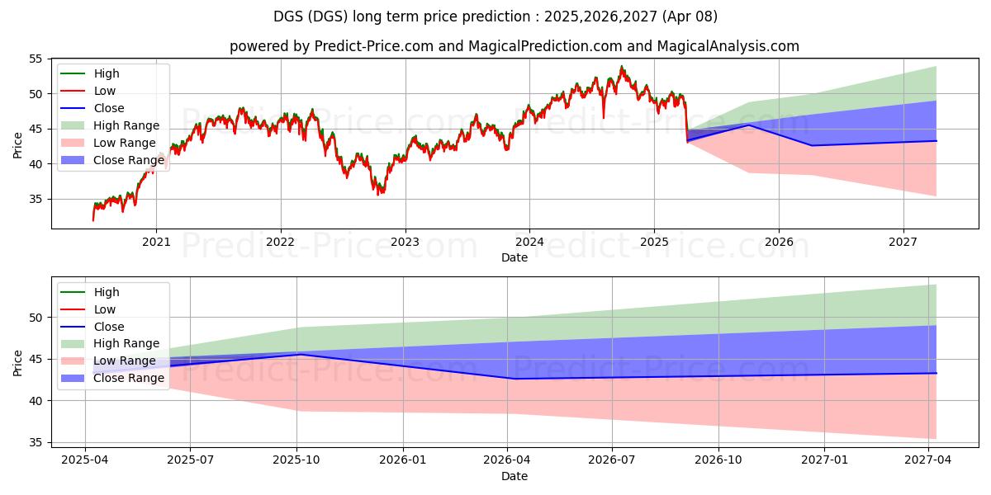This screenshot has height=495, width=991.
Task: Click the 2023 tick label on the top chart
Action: [x=405, y=242]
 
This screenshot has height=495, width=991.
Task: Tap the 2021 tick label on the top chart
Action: [x=156, y=242]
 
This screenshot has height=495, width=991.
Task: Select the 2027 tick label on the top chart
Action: [x=903, y=242]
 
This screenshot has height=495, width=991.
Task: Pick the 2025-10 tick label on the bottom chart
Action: [x=296, y=460]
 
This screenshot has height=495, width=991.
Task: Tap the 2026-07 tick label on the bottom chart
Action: [x=613, y=460]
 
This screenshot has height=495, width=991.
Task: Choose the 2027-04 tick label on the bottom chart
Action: [x=929, y=460]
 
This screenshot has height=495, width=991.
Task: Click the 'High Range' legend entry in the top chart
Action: [x=126, y=125]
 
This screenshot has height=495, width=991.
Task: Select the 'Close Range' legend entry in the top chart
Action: [x=129, y=160]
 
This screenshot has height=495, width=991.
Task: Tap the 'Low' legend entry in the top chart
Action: [x=105, y=91]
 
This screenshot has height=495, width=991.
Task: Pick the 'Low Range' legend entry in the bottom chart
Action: [x=125, y=361]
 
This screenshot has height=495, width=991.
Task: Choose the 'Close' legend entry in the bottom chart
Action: [x=109, y=327]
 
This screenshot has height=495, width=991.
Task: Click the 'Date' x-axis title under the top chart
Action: [x=514, y=257]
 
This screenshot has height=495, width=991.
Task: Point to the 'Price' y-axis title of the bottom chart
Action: [x=18, y=362]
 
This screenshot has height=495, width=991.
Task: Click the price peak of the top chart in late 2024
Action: [x=622, y=67]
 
